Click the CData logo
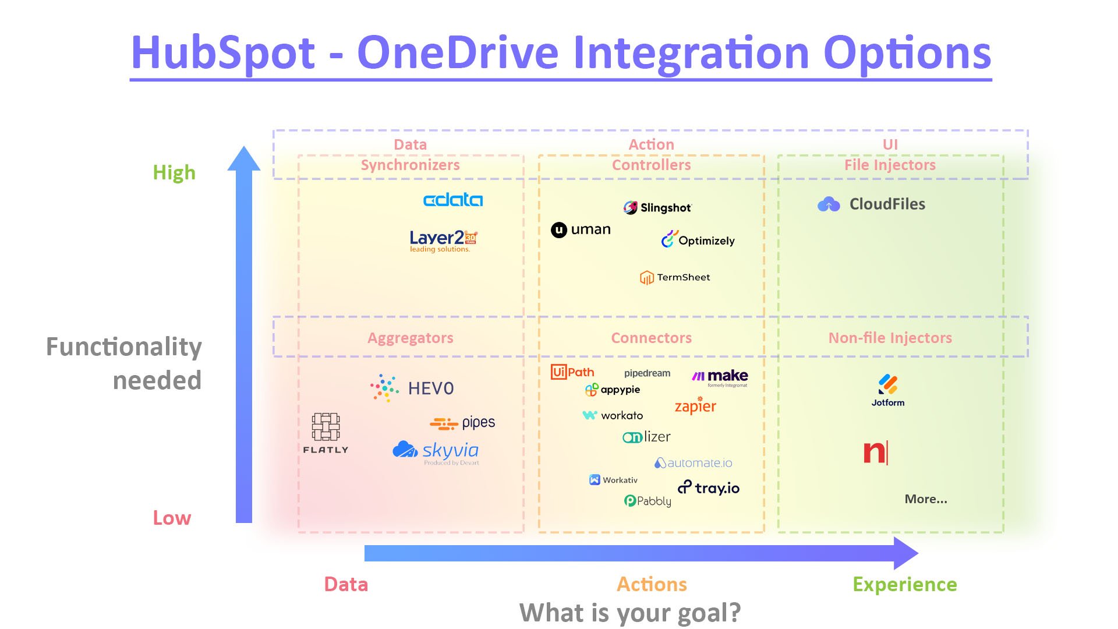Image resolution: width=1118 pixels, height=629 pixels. coord(452,200)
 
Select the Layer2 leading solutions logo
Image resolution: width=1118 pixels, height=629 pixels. coord(443,241)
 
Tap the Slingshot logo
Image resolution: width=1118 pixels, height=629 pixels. coord(657,208)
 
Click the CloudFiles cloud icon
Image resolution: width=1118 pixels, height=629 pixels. coord(829,204)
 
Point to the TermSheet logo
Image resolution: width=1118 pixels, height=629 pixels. coord(675,278)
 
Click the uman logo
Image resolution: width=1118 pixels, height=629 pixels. coord(581,229)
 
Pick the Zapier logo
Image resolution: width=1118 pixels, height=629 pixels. coord(695,406)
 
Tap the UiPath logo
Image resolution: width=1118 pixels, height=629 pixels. coord(572,372)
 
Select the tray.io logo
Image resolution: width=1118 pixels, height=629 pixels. coord(709,488)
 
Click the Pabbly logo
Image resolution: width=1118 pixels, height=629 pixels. coord(648,501)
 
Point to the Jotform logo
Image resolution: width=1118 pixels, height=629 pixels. coord(888,390)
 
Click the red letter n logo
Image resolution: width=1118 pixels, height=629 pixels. coord(875,453)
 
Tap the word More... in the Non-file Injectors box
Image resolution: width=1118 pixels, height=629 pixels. coord(926,499)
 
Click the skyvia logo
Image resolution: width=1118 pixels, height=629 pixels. coord(436,451)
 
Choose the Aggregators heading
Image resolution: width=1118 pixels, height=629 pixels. coord(410,338)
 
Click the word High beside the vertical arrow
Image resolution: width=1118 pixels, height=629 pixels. coord(174,173)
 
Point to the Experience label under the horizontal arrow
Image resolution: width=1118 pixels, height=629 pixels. coord(904,584)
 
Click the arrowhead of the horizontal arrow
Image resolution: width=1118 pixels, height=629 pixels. coord(905,553)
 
